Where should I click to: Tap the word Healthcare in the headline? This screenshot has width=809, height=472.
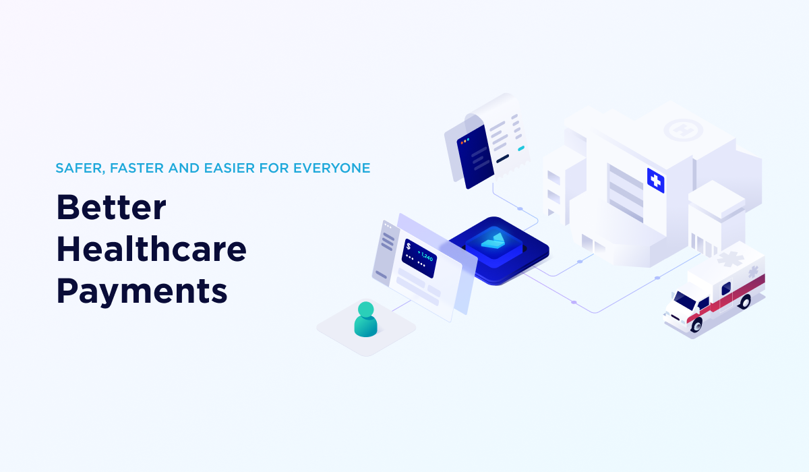point(151,249)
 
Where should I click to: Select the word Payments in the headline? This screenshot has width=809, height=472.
point(142,291)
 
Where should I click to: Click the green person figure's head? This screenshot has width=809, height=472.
point(365,309)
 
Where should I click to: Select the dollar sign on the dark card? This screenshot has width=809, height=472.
point(408,246)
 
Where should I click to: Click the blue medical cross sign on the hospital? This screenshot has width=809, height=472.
point(655,180)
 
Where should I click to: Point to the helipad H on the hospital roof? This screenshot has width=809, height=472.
point(683,128)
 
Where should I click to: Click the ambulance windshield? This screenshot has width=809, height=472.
point(685,299)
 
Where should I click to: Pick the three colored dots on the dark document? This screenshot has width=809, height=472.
point(464,142)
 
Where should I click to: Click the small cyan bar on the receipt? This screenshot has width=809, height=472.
point(520,148)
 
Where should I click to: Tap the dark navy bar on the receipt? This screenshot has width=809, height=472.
point(503,159)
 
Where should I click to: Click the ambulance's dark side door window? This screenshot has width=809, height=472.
point(725,289)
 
